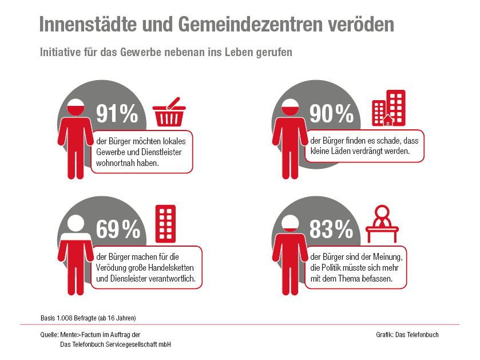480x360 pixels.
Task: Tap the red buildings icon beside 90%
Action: tap(388, 108)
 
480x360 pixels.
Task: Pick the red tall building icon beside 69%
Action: tap(165, 223)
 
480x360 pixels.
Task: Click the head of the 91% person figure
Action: tap(76, 108)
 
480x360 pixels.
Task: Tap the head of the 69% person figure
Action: tap(76, 223)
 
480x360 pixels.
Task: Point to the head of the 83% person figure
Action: tap(291, 223)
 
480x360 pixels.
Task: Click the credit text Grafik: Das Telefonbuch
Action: tap(407, 335)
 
